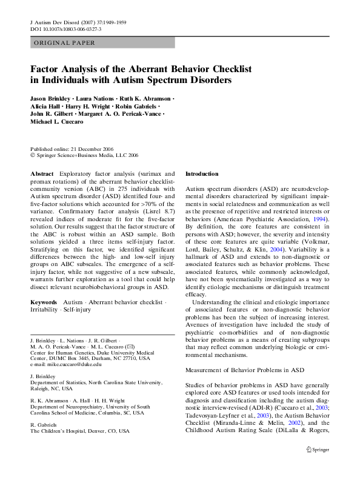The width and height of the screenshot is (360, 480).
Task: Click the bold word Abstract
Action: pyautogui.click(x=41, y=173)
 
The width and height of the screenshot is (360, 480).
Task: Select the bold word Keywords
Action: pyautogui.click(x=44, y=302)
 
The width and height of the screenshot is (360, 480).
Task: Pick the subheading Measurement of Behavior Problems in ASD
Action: pyautogui.click(x=244, y=370)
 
